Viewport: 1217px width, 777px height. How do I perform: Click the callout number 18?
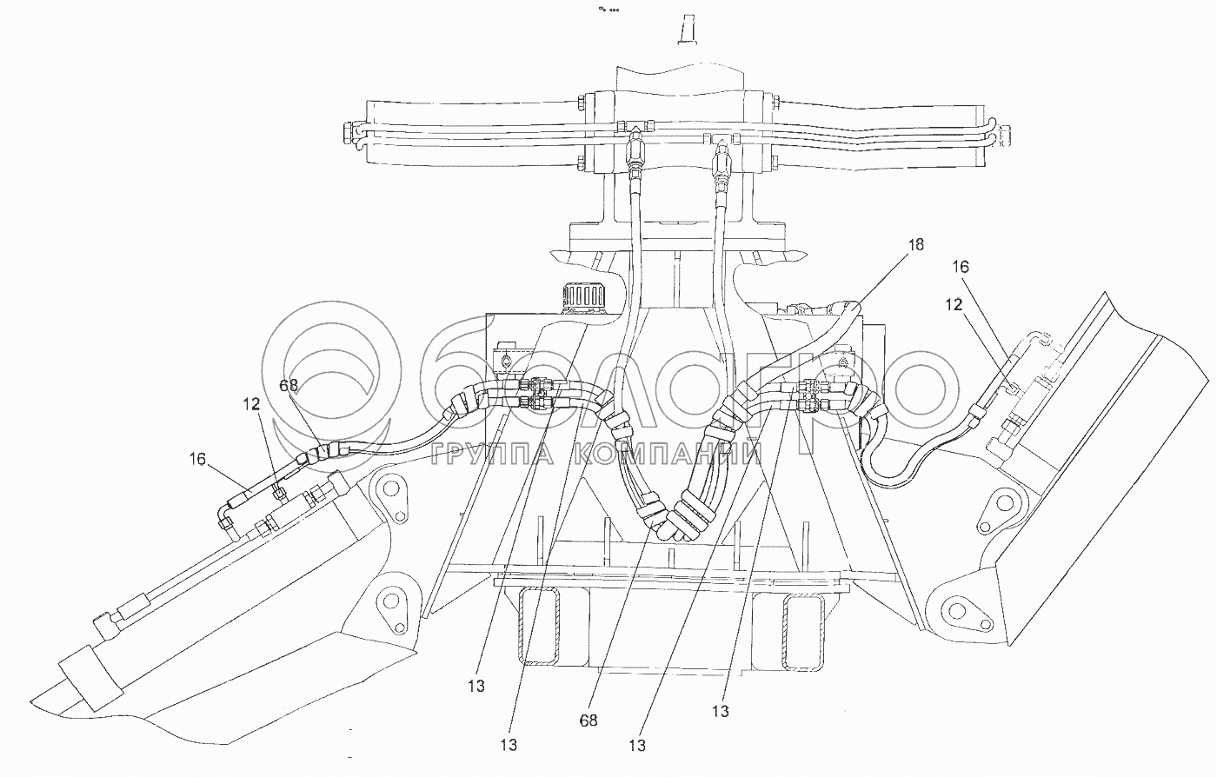915,244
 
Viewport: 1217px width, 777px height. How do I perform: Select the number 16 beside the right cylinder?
961,267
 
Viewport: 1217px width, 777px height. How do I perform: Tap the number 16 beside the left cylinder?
197,459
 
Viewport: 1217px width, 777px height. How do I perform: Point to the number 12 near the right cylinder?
954,304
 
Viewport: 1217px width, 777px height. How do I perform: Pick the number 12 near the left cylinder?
251,404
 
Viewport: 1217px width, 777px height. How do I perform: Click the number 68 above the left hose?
289,385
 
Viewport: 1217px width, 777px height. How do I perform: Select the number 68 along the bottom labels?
589,721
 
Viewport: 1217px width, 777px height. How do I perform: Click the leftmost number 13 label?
476,687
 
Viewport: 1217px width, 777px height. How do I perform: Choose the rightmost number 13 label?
721,711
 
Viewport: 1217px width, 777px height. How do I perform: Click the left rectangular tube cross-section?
539,627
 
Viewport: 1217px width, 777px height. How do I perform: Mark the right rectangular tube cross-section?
803,633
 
